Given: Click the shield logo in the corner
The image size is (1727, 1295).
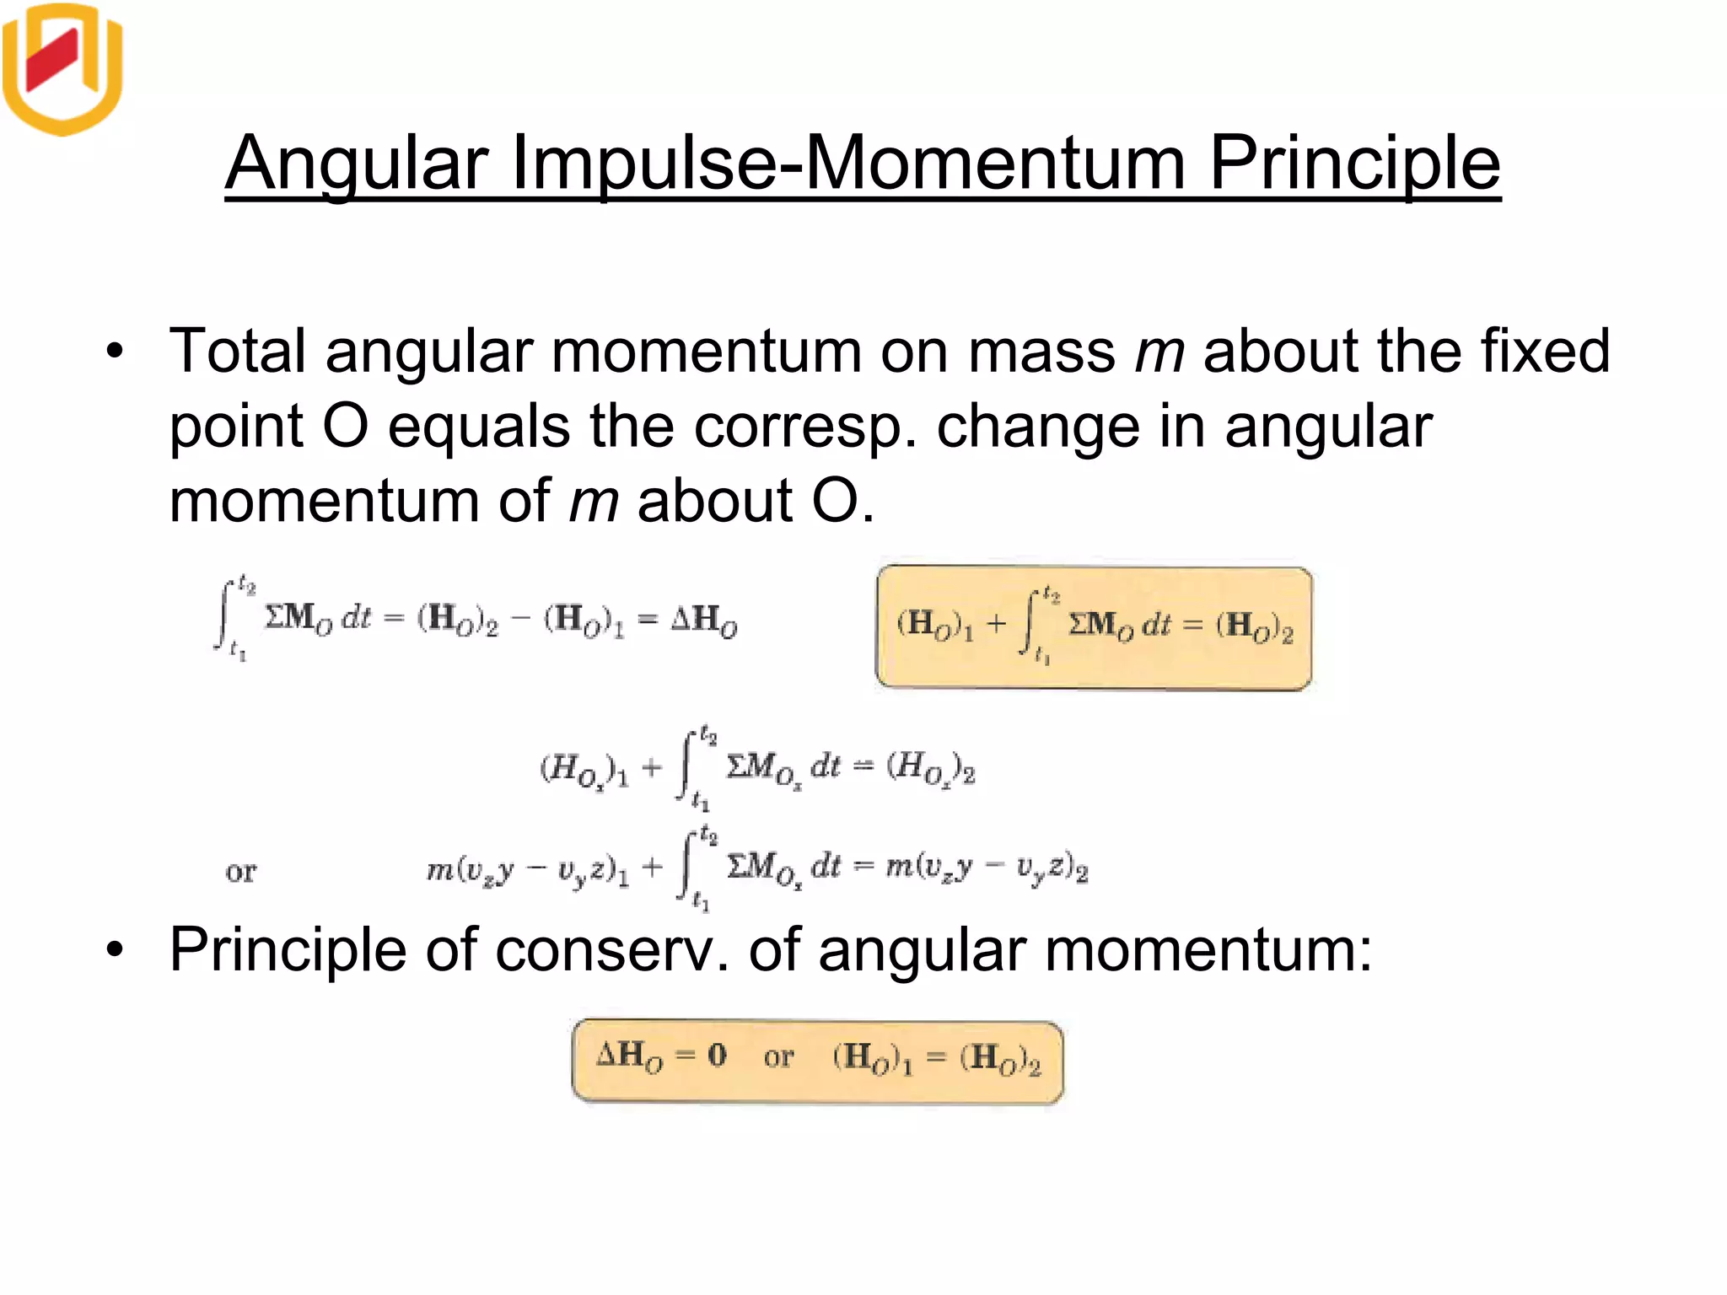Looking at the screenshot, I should click(63, 67).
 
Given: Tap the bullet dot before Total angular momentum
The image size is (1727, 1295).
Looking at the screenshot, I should click(115, 352).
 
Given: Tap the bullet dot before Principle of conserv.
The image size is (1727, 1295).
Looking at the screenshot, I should click(115, 951).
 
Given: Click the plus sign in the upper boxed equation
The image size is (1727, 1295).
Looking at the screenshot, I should click(997, 624).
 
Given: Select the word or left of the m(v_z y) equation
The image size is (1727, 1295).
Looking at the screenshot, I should click(240, 871).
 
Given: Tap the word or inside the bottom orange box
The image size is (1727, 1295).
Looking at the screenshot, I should click(778, 1057).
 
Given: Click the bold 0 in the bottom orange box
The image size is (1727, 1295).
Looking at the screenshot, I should click(717, 1055).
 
